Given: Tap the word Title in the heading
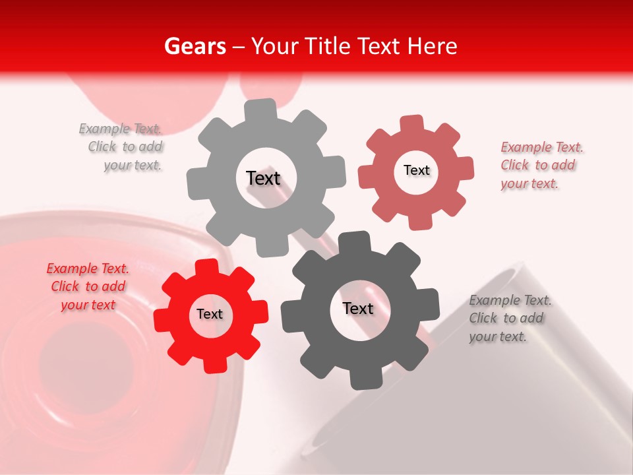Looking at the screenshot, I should [x=325, y=46].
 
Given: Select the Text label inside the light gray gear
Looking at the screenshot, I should [x=263, y=178].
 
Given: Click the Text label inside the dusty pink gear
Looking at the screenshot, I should [x=416, y=170].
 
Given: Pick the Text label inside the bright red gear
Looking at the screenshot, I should [x=210, y=314].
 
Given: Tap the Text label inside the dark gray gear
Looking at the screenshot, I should [x=358, y=308].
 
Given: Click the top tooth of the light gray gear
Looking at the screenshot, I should [x=261, y=109].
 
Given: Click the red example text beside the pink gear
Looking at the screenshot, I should [x=541, y=166].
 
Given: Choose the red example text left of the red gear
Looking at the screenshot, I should [x=88, y=286].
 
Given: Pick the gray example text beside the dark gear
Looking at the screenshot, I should [x=509, y=318].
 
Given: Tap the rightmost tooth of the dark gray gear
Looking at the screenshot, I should [x=429, y=305].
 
